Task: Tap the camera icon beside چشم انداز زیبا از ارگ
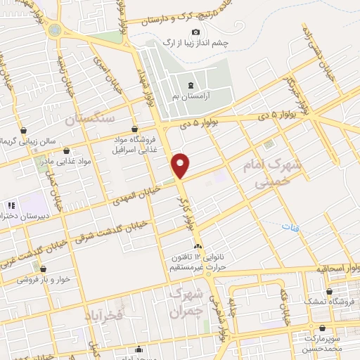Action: pos(195,32)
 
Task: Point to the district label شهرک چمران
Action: pos(186,301)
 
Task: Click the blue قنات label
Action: pos(289,227)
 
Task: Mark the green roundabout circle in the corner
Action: pos(54,30)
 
